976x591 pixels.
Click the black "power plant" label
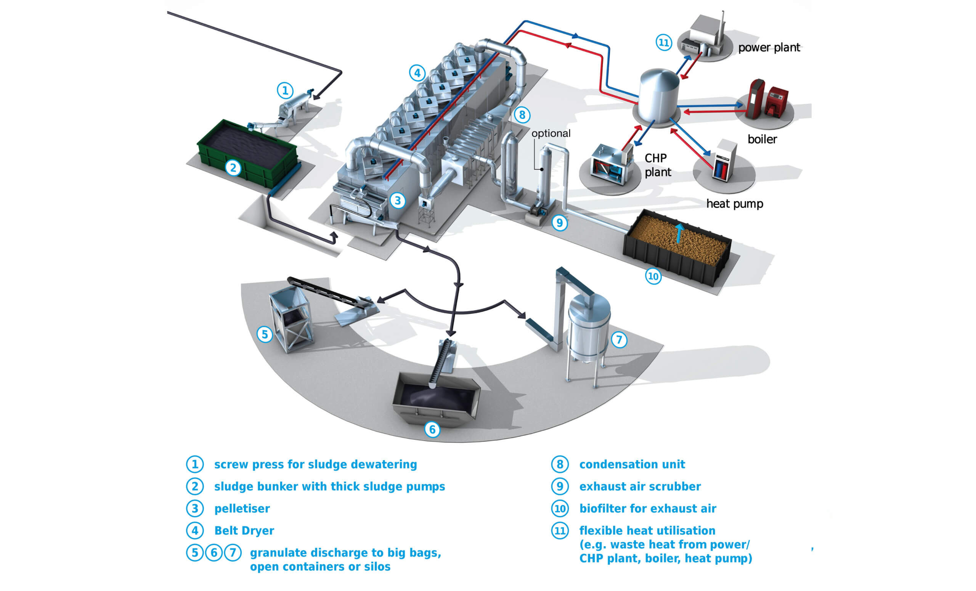tap(769, 48)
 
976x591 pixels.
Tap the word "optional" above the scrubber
tap(551, 133)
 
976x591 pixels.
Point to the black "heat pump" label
tap(734, 204)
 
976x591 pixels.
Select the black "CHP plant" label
tap(658, 165)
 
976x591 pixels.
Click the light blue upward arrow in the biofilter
tap(679, 233)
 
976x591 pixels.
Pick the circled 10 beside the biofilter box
tap(653, 276)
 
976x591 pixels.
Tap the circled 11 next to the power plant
tap(663, 42)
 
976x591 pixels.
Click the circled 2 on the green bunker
tap(233, 168)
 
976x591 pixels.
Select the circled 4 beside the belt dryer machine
tap(417, 73)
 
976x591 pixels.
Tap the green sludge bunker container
tap(247, 153)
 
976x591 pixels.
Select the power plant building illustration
tap(705, 35)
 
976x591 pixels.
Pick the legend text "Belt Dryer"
tap(244, 530)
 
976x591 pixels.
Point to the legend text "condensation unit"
tap(632, 464)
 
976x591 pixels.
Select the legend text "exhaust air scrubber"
tap(640, 487)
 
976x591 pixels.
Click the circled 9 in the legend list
tap(560, 487)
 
